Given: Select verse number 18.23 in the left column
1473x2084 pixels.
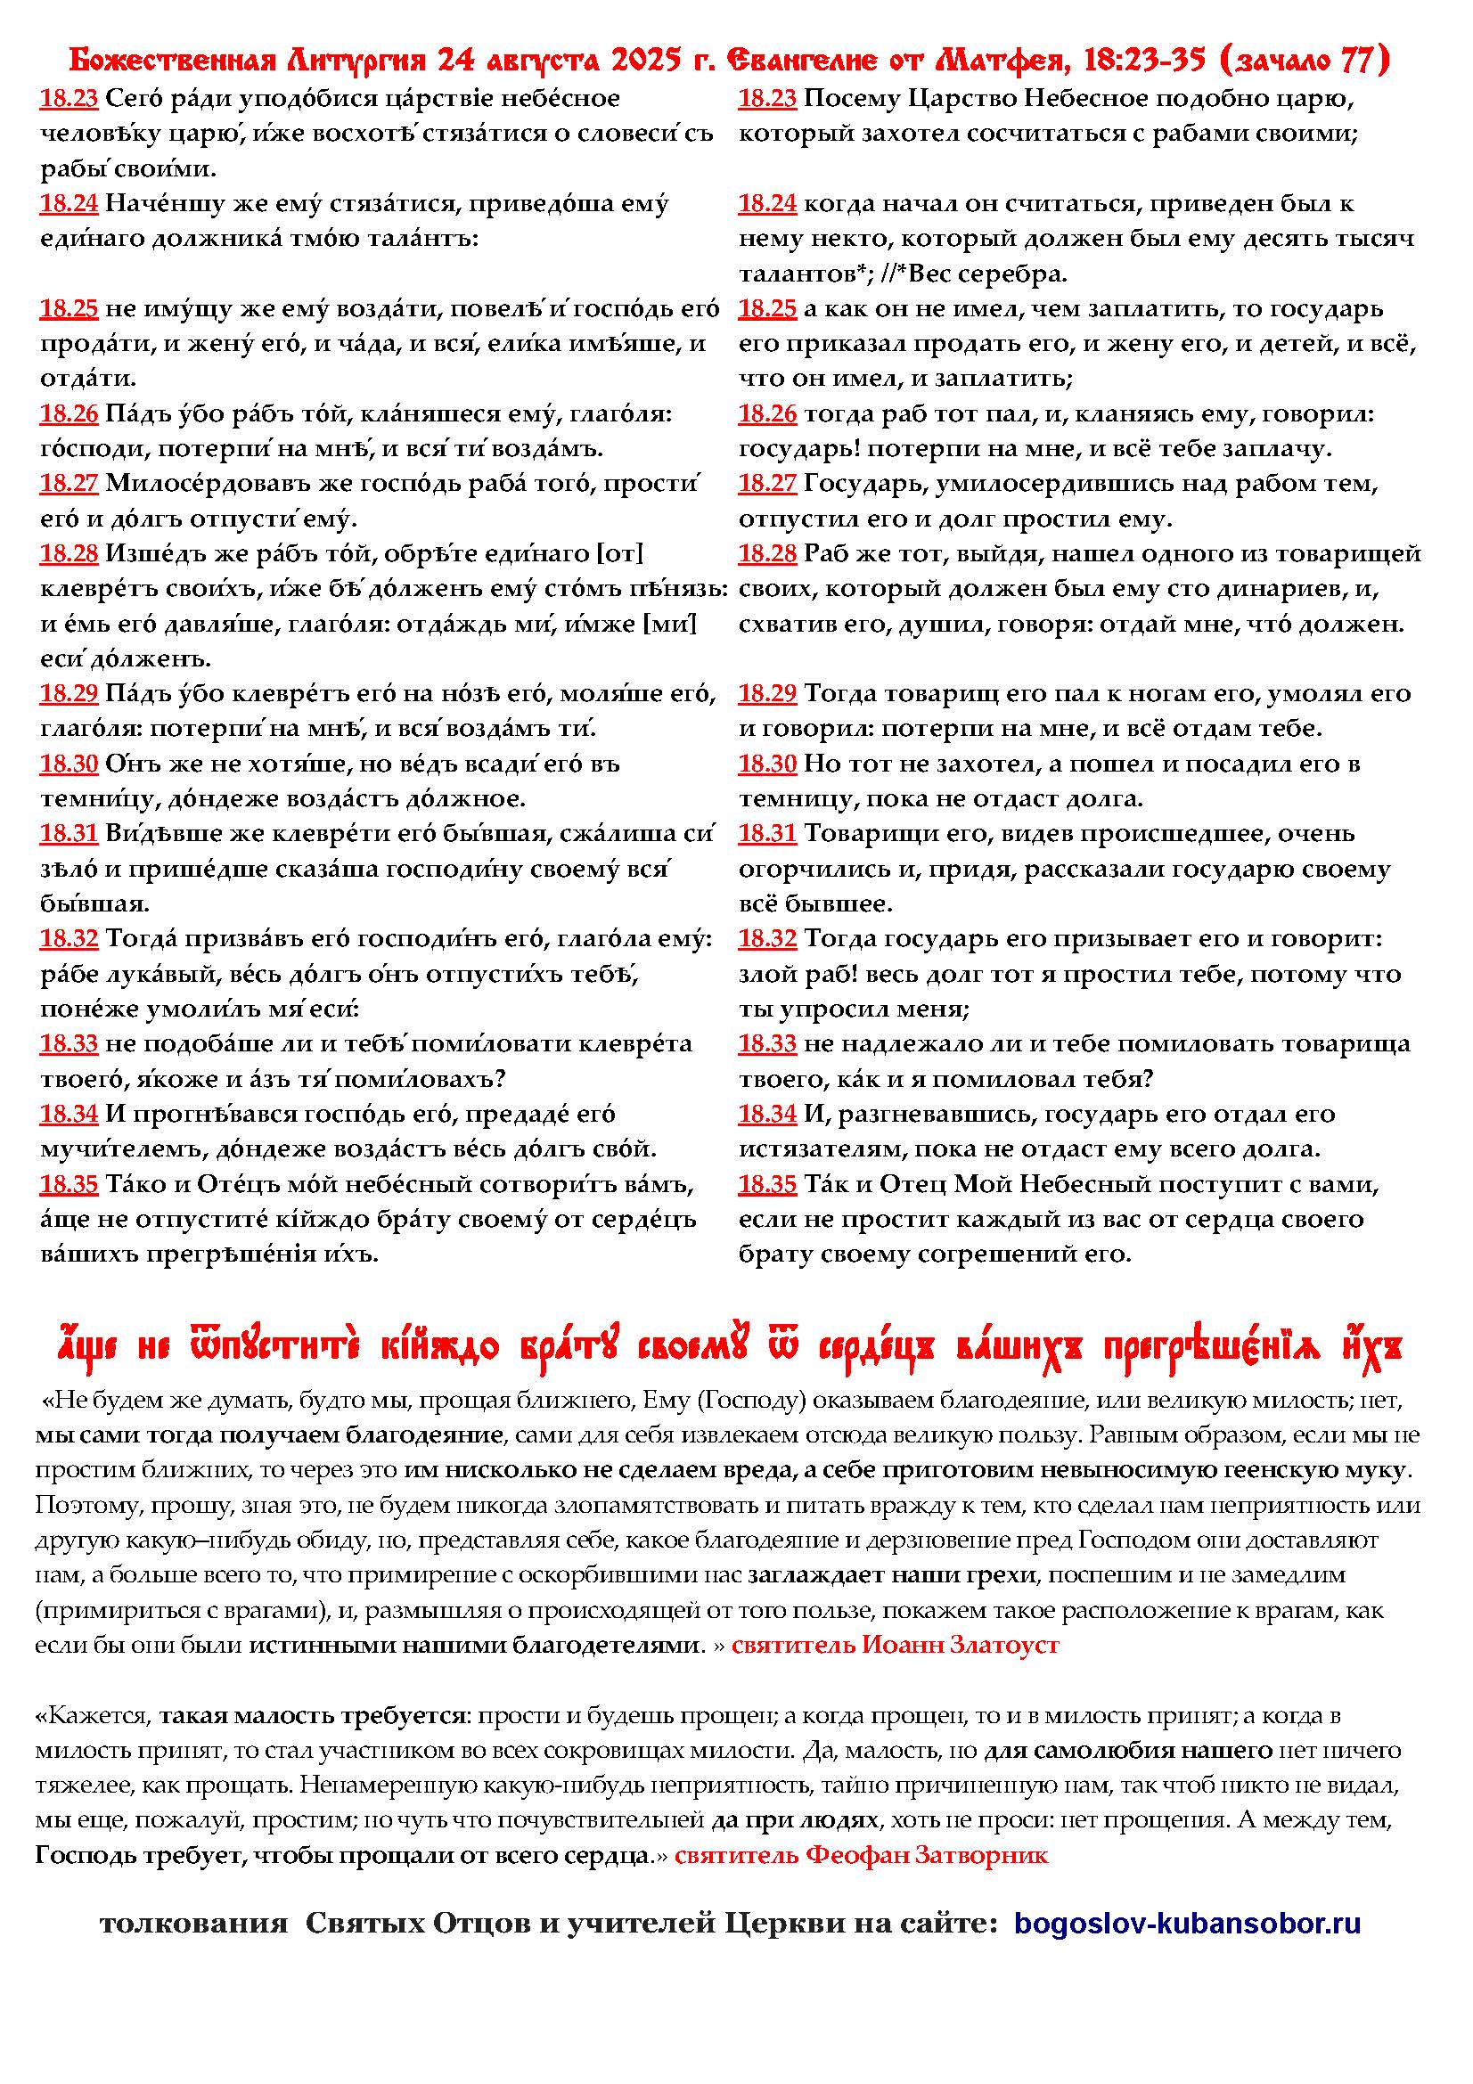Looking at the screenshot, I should point(68,99).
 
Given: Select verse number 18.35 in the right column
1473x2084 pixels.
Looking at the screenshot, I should point(767,1184).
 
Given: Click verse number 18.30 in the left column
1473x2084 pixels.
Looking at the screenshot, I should point(68,764).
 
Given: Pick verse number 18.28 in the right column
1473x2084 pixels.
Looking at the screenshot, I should point(767,553).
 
